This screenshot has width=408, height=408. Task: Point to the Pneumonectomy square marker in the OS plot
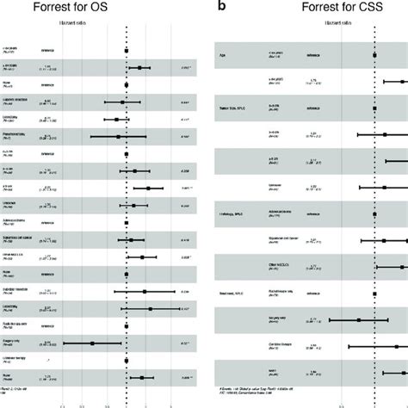[118, 136]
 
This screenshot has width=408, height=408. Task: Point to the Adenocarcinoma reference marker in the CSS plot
[374, 214]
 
